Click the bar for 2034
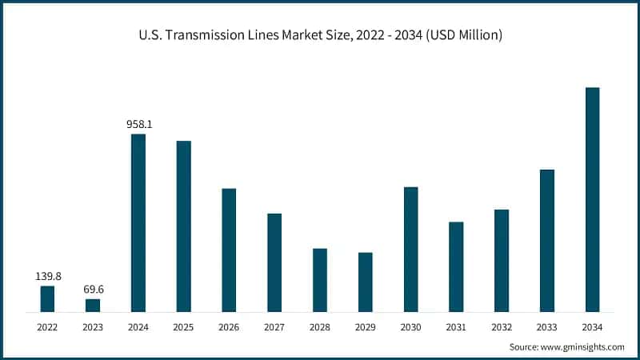(x=592, y=199)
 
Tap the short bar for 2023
(x=93, y=305)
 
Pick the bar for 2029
(x=366, y=282)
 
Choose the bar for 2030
(x=410, y=249)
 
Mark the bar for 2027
(x=274, y=262)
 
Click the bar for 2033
(x=547, y=240)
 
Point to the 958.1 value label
(x=139, y=125)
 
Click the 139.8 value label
(x=48, y=276)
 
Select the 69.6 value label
(x=93, y=290)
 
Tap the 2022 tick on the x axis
(x=48, y=327)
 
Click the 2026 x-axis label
(x=229, y=327)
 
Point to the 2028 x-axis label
(x=320, y=327)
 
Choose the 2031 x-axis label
(x=456, y=327)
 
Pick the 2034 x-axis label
(x=592, y=327)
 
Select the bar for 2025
(x=184, y=226)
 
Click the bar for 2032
(x=502, y=260)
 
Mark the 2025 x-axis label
(x=184, y=327)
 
